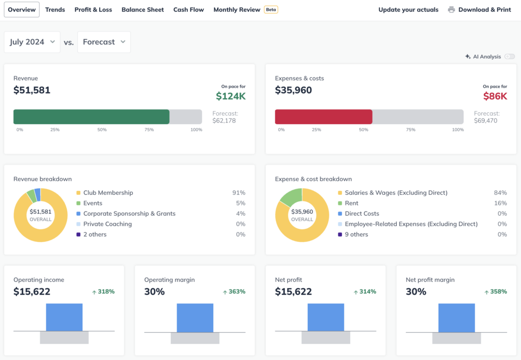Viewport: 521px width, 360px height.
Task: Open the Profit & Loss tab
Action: [x=93, y=10]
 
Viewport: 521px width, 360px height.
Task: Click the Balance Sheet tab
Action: [x=142, y=10]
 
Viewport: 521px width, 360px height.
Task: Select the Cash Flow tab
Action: [x=188, y=10]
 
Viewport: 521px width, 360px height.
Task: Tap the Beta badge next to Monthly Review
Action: [x=271, y=10]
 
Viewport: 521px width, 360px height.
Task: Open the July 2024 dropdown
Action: [x=32, y=42]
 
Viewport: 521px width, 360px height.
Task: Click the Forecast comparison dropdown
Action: [x=104, y=42]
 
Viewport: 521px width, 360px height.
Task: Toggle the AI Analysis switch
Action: [x=509, y=57]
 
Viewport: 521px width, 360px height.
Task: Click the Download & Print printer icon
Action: [x=451, y=10]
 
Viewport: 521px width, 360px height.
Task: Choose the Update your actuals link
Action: [x=408, y=10]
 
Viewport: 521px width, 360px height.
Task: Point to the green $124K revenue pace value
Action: [x=230, y=96]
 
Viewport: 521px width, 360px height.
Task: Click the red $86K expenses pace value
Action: [x=495, y=96]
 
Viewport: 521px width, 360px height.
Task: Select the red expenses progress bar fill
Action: [x=324, y=117]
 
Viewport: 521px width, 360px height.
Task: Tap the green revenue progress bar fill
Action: [x=91, y=117]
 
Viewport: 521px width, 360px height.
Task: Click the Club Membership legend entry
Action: [x=108, y=193]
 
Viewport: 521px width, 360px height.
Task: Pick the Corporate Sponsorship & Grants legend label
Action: [x=129, y=214]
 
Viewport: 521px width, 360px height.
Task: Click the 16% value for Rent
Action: [x=501, y=203]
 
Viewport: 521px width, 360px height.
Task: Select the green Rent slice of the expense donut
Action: [x=291, y=196]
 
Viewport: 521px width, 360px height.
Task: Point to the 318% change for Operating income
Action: [x=103, y=292]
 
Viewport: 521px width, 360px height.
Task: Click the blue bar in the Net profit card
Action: [x=326, y=317]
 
